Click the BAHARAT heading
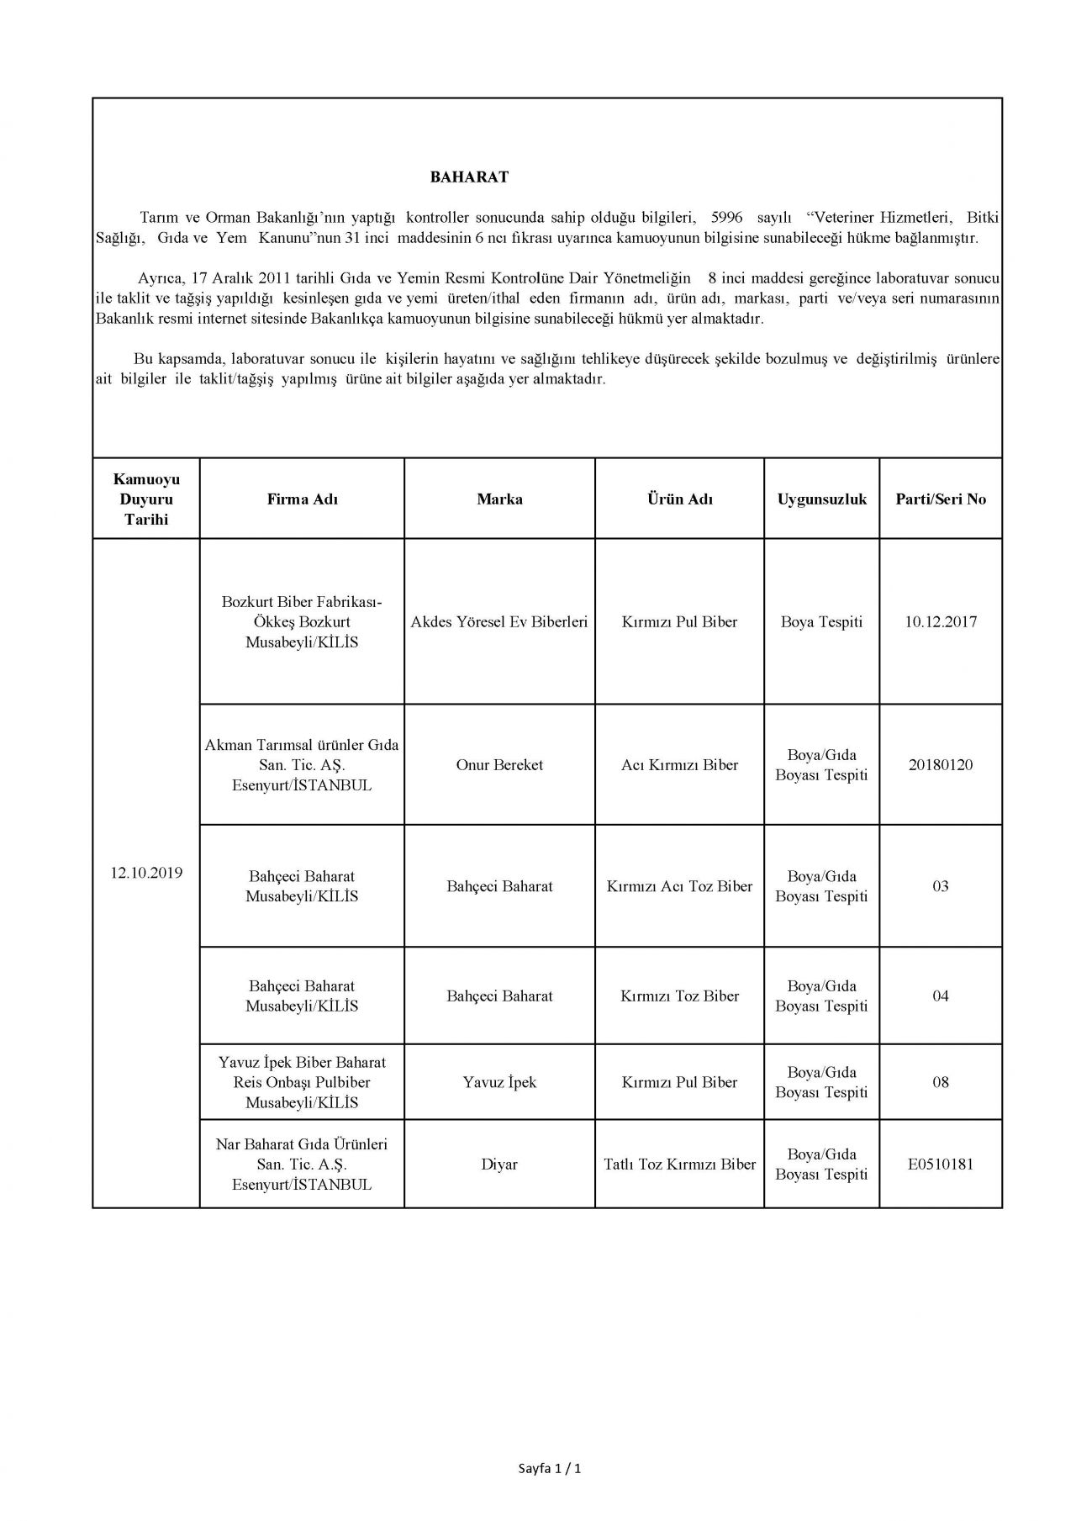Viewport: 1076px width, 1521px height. (469, 177)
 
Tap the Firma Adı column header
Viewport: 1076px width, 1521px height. (302, 499)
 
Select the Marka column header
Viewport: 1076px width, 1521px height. (499, 499)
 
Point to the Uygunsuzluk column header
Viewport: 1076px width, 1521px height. (821, 499)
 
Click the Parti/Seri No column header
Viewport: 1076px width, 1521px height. (941, 499)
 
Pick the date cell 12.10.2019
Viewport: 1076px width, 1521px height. (146, 873)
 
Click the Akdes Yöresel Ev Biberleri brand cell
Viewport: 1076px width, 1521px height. (499, 622)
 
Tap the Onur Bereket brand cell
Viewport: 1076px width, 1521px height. (499, 765)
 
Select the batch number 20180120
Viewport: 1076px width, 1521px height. (941, 765)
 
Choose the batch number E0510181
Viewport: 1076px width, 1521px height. (941, 1165)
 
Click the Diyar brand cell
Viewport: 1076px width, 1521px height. (499, 1165)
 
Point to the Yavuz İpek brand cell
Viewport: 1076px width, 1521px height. (499, 1082)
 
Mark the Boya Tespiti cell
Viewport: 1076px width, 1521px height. (821, 622)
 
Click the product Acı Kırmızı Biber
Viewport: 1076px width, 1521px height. (679, 765)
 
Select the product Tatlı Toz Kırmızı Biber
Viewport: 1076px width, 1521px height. (679, 1165)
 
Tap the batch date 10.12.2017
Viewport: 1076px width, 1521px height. (941, 622)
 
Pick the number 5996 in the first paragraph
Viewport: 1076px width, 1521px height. (727, 218)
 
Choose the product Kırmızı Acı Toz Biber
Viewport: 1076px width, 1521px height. (679, 886)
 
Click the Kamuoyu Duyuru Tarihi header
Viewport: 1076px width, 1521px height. (146, 499)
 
